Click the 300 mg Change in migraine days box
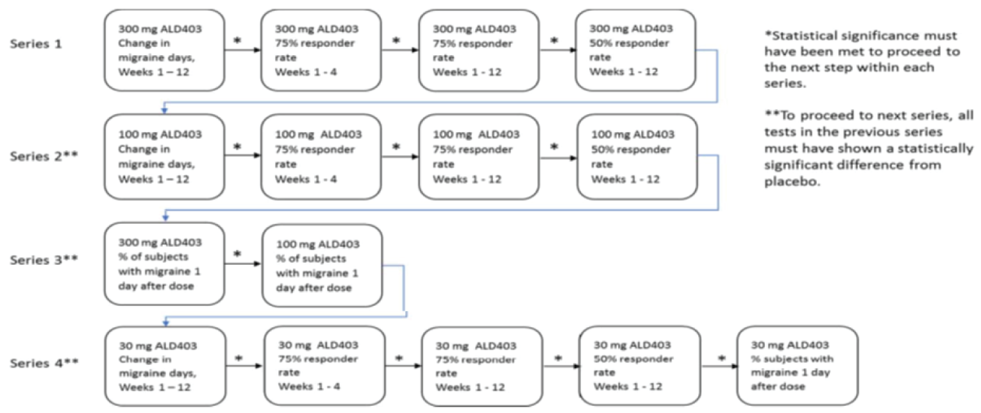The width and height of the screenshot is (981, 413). click(163, 49)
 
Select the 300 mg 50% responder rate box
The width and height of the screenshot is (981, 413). click(635, 49)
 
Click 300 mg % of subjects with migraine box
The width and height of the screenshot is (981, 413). click(164, 264)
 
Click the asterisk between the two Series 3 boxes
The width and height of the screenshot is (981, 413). click(237, 255)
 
